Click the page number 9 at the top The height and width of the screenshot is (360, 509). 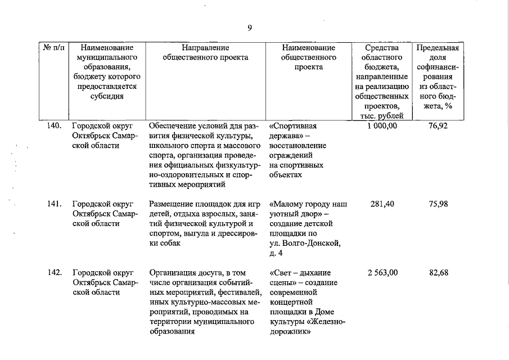pyautogui.click(x=249, y=28)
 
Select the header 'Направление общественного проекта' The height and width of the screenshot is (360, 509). pyautogui.click(x=205, y=53)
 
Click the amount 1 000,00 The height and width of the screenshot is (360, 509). pyautogui.click(x=382, y=125)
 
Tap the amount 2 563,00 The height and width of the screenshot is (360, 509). pyautogui.click(x=382, y=273)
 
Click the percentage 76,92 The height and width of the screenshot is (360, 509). pyautogui.click(x=438, y=125)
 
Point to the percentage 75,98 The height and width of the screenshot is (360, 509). pyautogui.click(x=438, y=204)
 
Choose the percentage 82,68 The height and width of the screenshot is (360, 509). pyautogui.click(x=438, y=273)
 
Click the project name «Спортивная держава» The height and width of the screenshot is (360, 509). pyautogui.click(x=294, y=130)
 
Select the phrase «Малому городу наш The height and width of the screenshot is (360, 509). pyautogui.click(x=308, y=204)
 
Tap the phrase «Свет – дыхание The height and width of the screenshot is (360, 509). pyautogui.click(x=300, y=273)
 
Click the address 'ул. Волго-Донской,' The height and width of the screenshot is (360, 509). pyautogui.click(x=305, y=243)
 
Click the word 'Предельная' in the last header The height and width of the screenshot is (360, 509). pyautogui.click(x=438, y=48)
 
